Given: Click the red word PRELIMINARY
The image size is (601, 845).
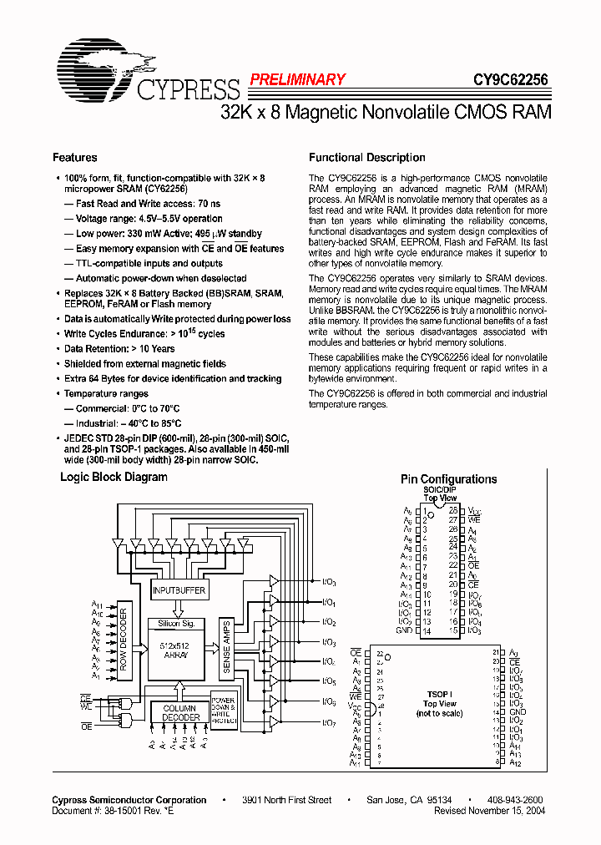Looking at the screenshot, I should (297, 79).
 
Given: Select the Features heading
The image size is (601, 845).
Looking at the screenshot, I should (74, 158).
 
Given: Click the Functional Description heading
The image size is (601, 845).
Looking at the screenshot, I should (366, 158).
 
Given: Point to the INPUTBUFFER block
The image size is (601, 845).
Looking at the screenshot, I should (179, 589).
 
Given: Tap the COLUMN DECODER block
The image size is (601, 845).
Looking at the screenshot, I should (180, 713).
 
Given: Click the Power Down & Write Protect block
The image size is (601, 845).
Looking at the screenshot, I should (223, 711).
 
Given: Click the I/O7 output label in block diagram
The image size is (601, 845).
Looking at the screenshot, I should (329, 722).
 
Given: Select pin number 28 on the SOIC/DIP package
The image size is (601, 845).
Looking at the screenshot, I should (453, 510).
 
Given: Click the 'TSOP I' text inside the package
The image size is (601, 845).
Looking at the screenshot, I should (439, 693).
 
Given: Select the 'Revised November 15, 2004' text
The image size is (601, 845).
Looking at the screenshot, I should (489, 811).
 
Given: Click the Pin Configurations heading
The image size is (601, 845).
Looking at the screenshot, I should (448, 479).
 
